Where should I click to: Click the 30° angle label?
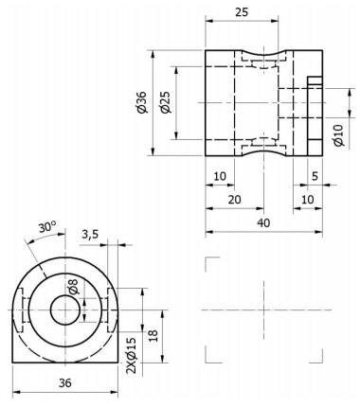click(x=47, y=227)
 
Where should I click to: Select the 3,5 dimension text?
click(x=90, y=235)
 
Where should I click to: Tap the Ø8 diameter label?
click(x=73, y=286)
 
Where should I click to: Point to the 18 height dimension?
click(x=153, y=335)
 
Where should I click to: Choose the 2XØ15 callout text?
click(x=131, y=356)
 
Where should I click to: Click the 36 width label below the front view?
click(x=65, y=382)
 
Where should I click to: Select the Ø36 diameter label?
click(x=142, y=102)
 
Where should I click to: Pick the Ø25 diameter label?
click(x=166, y=102)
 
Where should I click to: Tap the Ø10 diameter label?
click(x=338, y=135)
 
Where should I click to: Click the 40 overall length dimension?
click(x=263, y=223)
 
